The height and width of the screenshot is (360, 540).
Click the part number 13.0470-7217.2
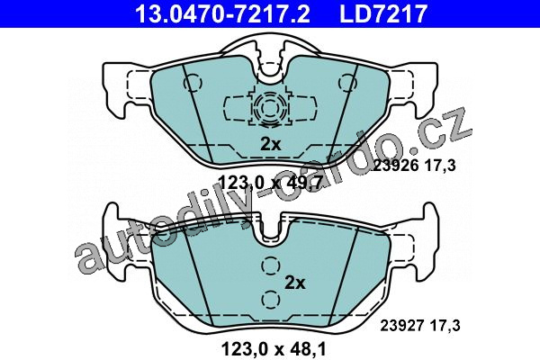[222, 13]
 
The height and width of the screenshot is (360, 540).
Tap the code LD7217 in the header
[383, 13]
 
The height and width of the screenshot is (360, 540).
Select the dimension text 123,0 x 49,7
[270, 183]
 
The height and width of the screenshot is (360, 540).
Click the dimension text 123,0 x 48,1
[274, 349]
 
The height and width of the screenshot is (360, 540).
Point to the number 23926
[396, 166]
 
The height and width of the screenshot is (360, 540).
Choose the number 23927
[402, 326]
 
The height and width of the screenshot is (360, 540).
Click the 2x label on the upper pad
[271, 144]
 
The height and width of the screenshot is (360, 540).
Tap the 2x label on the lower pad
[295, 283]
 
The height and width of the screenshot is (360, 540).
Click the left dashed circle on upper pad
[193, 83]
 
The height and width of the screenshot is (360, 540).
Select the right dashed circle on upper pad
[347, 83]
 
